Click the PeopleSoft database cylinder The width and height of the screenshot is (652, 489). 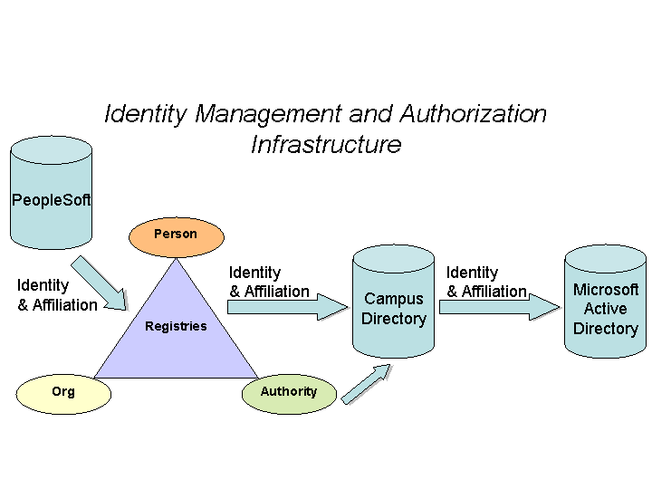point(51,195)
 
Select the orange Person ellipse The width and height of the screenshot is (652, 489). point(176,235)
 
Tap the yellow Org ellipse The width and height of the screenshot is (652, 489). point(63,393)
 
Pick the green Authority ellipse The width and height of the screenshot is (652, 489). point(289,393)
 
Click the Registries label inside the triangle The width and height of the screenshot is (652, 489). point(176,326)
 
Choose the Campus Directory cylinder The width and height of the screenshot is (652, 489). point(393,303)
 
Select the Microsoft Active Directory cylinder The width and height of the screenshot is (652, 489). point(606,303)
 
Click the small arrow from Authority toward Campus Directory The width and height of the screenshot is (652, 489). point(366,384)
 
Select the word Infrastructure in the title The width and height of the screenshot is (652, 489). point(326,144)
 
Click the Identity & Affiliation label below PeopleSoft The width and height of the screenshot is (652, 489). point(57,295)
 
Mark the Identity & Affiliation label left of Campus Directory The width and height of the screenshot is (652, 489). point(269,282)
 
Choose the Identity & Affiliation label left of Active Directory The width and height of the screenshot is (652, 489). point(486,282)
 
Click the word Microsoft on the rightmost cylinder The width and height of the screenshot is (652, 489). point(606,290)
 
